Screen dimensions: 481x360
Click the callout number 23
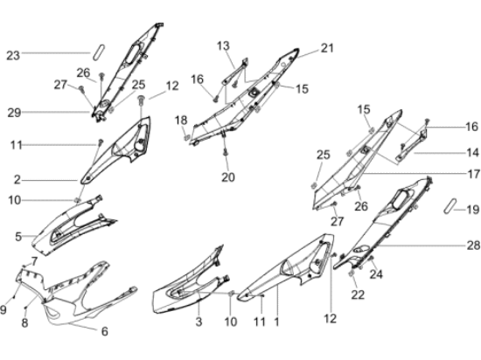(13, 56)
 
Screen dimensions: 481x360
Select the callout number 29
(14, 113)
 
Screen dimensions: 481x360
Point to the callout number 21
(327, 48)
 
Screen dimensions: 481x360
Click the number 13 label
(223, 46)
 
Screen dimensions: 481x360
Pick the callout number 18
(181, 120)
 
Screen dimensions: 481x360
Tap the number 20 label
(228, 177)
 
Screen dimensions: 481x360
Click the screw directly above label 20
(226, 152)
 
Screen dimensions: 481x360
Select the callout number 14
(472, 152)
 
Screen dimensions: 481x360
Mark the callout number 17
(473, 174)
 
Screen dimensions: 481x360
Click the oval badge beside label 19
(450, 206)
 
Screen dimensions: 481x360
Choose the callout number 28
(473, 246)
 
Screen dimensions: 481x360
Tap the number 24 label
(376, 274)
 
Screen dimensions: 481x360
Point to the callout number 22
(358, 294)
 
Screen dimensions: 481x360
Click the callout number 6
(105, 331)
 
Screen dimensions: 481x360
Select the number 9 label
(3, 309)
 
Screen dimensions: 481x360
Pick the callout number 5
(18, 237)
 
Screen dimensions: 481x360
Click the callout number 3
(199, 322)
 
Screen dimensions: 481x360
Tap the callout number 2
(17, 180)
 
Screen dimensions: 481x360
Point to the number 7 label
(34, 261)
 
